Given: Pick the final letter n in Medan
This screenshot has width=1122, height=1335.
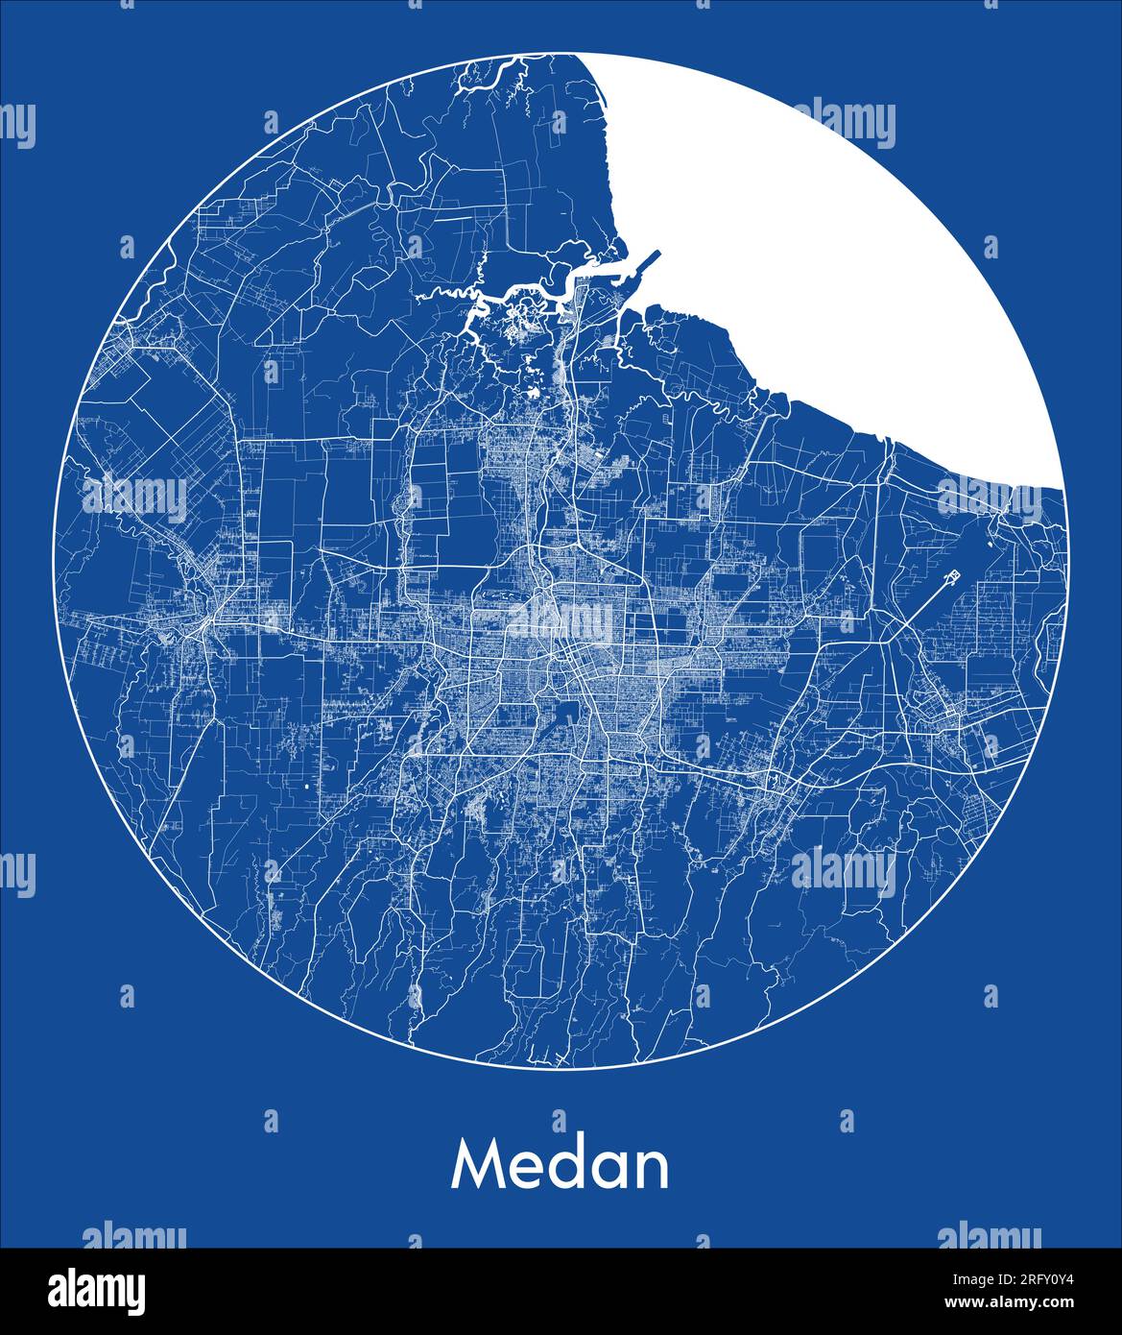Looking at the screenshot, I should click(x=655, y=1171).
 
